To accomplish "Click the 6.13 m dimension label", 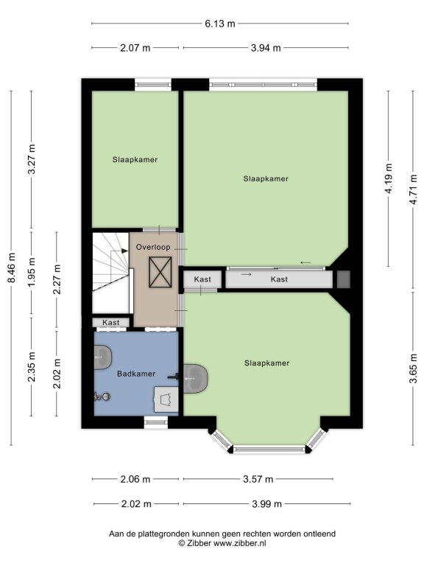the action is tap(220, 24).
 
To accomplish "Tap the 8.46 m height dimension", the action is tap(12, 268).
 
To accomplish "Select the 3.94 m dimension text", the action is tap(266, 48).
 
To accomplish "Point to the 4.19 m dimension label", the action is tap(389, 178).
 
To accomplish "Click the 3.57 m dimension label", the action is tap(258, 479).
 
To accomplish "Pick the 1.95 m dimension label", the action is tap(32, 272).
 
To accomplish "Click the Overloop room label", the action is tap(153, 248).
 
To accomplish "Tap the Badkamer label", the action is tap(136, 374).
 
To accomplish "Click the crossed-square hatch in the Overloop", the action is tap(160, 272).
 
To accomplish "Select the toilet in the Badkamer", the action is tap(102, 396).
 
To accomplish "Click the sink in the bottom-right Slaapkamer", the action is tap(195, 379).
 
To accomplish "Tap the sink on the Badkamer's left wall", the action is tap(103, 357).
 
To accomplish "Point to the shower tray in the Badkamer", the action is tap(166, 399).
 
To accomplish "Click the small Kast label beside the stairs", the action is tap(110, 322).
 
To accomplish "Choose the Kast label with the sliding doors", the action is tap(279, 279).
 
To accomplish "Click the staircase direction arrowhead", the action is tap(124, 251).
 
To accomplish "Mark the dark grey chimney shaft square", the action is tap(343, 279).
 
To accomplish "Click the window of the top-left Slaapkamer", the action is tap(153, 85).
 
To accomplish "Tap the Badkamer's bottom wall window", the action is tap(156, 422).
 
